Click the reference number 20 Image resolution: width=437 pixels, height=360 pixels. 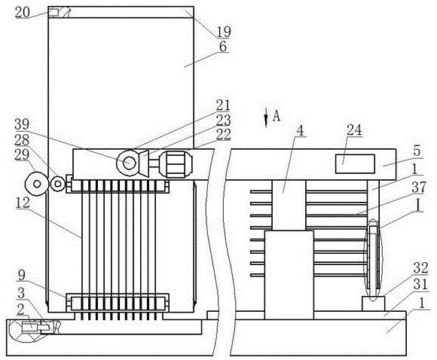point(22,12)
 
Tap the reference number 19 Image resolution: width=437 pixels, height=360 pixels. point(224,32)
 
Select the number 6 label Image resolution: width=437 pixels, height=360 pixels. point(223,47)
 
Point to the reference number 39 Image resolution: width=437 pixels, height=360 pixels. point(22,124)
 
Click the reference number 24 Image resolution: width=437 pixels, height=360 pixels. point(354,130)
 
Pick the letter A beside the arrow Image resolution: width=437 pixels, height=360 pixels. point(277,116)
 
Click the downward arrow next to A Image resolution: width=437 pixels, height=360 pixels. point(266,117)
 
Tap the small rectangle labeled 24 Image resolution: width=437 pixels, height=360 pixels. point(355,164)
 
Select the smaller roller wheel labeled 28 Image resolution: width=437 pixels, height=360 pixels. point(58,184)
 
